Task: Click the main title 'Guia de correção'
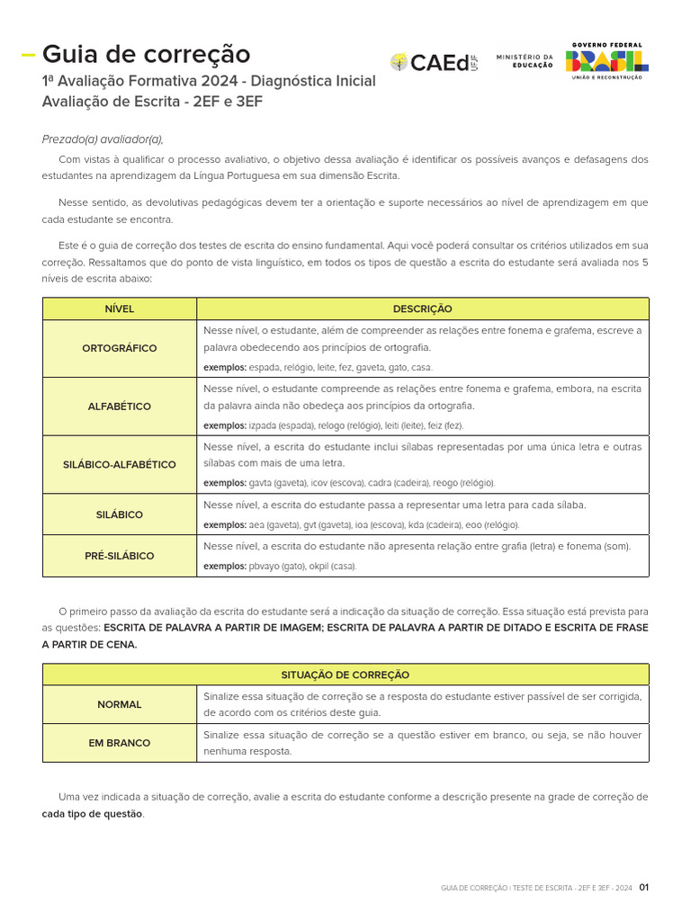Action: point(146,55)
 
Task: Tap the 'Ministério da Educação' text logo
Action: point(525,61)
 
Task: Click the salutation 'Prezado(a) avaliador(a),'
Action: point(103,139)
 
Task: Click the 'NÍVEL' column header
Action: point(120,308)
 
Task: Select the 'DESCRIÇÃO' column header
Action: point(422,308)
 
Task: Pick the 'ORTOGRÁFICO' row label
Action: point(120,348)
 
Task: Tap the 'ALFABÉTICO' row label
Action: point(120,407)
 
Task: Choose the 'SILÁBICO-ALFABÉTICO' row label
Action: point(120,464)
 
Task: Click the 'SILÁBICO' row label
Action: point(120,514)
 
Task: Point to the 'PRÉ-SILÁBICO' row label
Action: point(120,556)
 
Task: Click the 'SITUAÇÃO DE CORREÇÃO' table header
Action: point(345,675)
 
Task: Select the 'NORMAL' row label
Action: point(120,704)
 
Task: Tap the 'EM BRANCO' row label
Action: point(120,743)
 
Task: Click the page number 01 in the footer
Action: point(643,888)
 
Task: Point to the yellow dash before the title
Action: point(28,55)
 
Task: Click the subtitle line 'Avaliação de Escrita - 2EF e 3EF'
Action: point(152,102)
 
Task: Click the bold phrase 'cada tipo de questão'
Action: point(92,814)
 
